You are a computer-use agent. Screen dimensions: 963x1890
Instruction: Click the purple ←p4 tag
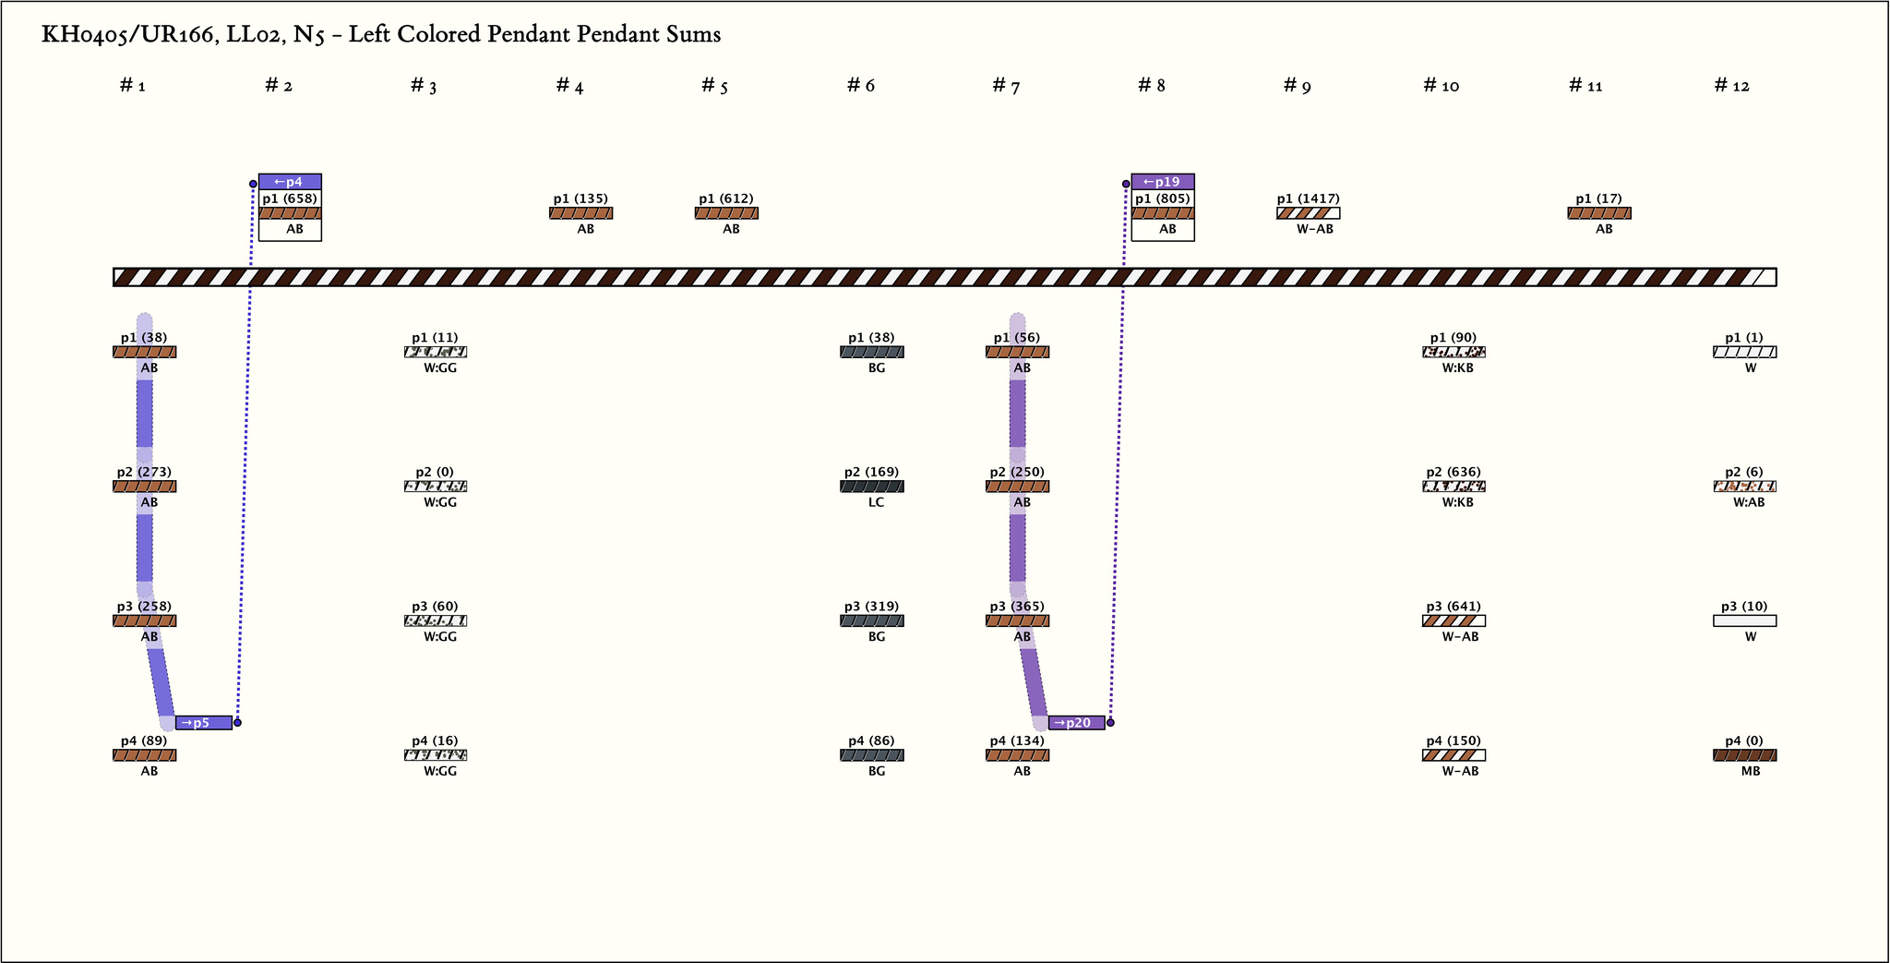click(x=290, y=182)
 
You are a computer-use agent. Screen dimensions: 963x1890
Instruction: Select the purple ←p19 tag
click(x=1163, y=182)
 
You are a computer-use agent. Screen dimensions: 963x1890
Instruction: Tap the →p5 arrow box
click(x=204, y=723)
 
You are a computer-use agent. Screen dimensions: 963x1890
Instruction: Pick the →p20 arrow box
click(x=1077, y=723)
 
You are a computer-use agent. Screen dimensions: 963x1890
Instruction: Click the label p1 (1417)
click(x=1308, y=199)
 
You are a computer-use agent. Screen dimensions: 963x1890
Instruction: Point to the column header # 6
click(x=861, y=86)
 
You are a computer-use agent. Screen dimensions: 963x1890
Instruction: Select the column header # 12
click(x=1731, y=86)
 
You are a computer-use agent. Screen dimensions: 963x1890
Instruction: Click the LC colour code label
click(x=876, y=502)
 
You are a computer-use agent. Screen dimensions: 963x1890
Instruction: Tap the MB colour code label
click(x=1750, y=771)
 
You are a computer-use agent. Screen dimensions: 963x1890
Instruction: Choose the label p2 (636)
click(x=1453, y=472)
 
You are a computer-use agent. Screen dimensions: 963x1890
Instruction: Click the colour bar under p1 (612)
click(x=726, y=213)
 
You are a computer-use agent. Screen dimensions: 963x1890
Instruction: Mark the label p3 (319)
click(x=871, y=607)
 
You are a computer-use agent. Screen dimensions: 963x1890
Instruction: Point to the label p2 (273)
click(x=144, y=472)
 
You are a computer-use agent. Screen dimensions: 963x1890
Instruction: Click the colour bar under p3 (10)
click(x=1744, y=621)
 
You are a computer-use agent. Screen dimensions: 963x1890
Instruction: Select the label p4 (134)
click(x=1017, y=740)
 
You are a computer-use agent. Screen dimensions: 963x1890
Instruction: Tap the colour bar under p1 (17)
click(x=1599, y=213)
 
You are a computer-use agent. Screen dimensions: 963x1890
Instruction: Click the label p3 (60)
click(x=435, y=607)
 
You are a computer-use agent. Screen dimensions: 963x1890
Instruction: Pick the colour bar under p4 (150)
click(x=1453, y=755)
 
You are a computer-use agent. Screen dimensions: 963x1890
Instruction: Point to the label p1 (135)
click(x=580, y=199)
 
